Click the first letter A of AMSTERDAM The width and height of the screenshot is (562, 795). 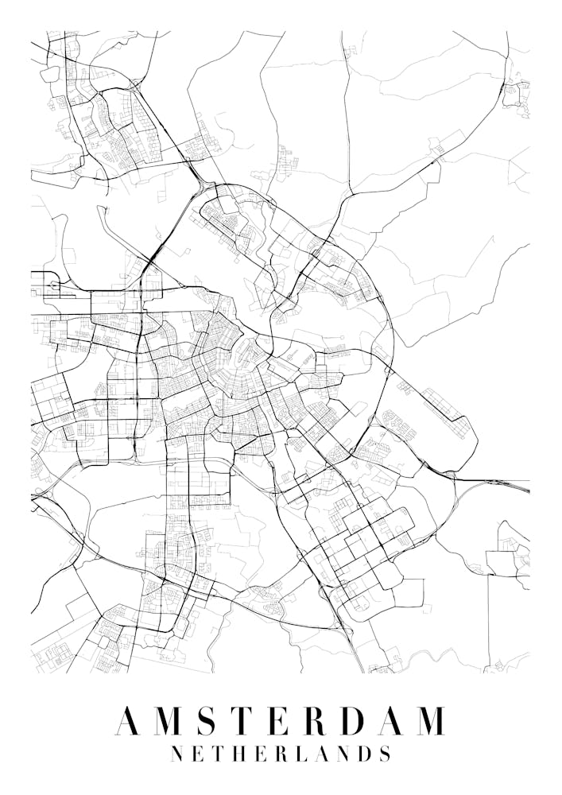point(130,720)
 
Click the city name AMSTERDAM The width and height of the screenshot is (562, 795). point(280,720)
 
